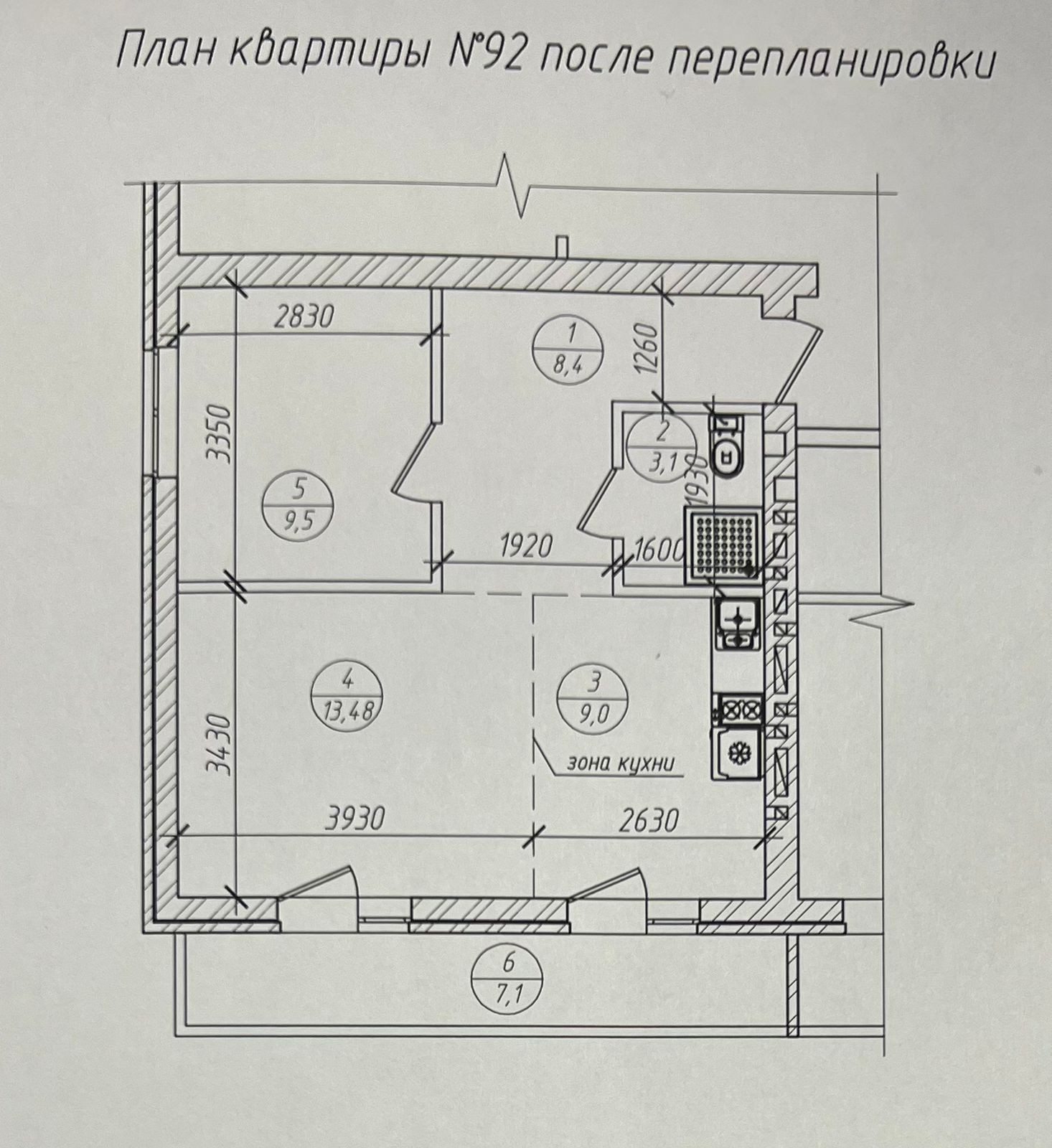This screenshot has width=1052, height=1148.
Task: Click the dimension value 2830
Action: [x=304, y=316]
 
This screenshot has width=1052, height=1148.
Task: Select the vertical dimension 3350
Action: [x=218, y=434]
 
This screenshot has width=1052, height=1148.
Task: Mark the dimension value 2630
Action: [x=647, y=819]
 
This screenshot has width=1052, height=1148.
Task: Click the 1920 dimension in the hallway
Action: [x=527, y=547]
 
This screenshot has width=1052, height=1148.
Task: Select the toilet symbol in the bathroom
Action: [x=728, y=446]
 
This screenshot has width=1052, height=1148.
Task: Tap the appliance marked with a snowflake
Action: [x=736, y=753]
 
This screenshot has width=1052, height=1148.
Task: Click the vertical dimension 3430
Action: [x=218, y=746]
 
